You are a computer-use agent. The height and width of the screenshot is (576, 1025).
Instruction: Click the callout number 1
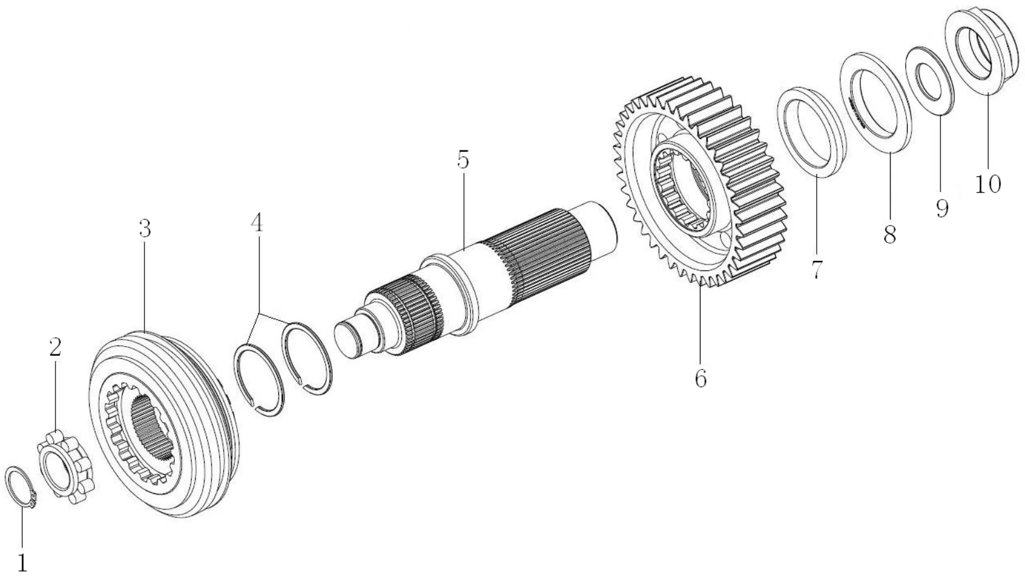click(x=23, y=561)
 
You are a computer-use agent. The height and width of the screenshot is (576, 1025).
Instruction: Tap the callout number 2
click(x=56, y=347)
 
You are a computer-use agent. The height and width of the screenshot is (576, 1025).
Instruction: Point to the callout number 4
click(x=256, y=222)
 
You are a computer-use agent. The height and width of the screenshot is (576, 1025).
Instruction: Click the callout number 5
click(x=463, y=160)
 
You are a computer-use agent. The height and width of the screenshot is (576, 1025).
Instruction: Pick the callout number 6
click(x=700, y=378)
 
